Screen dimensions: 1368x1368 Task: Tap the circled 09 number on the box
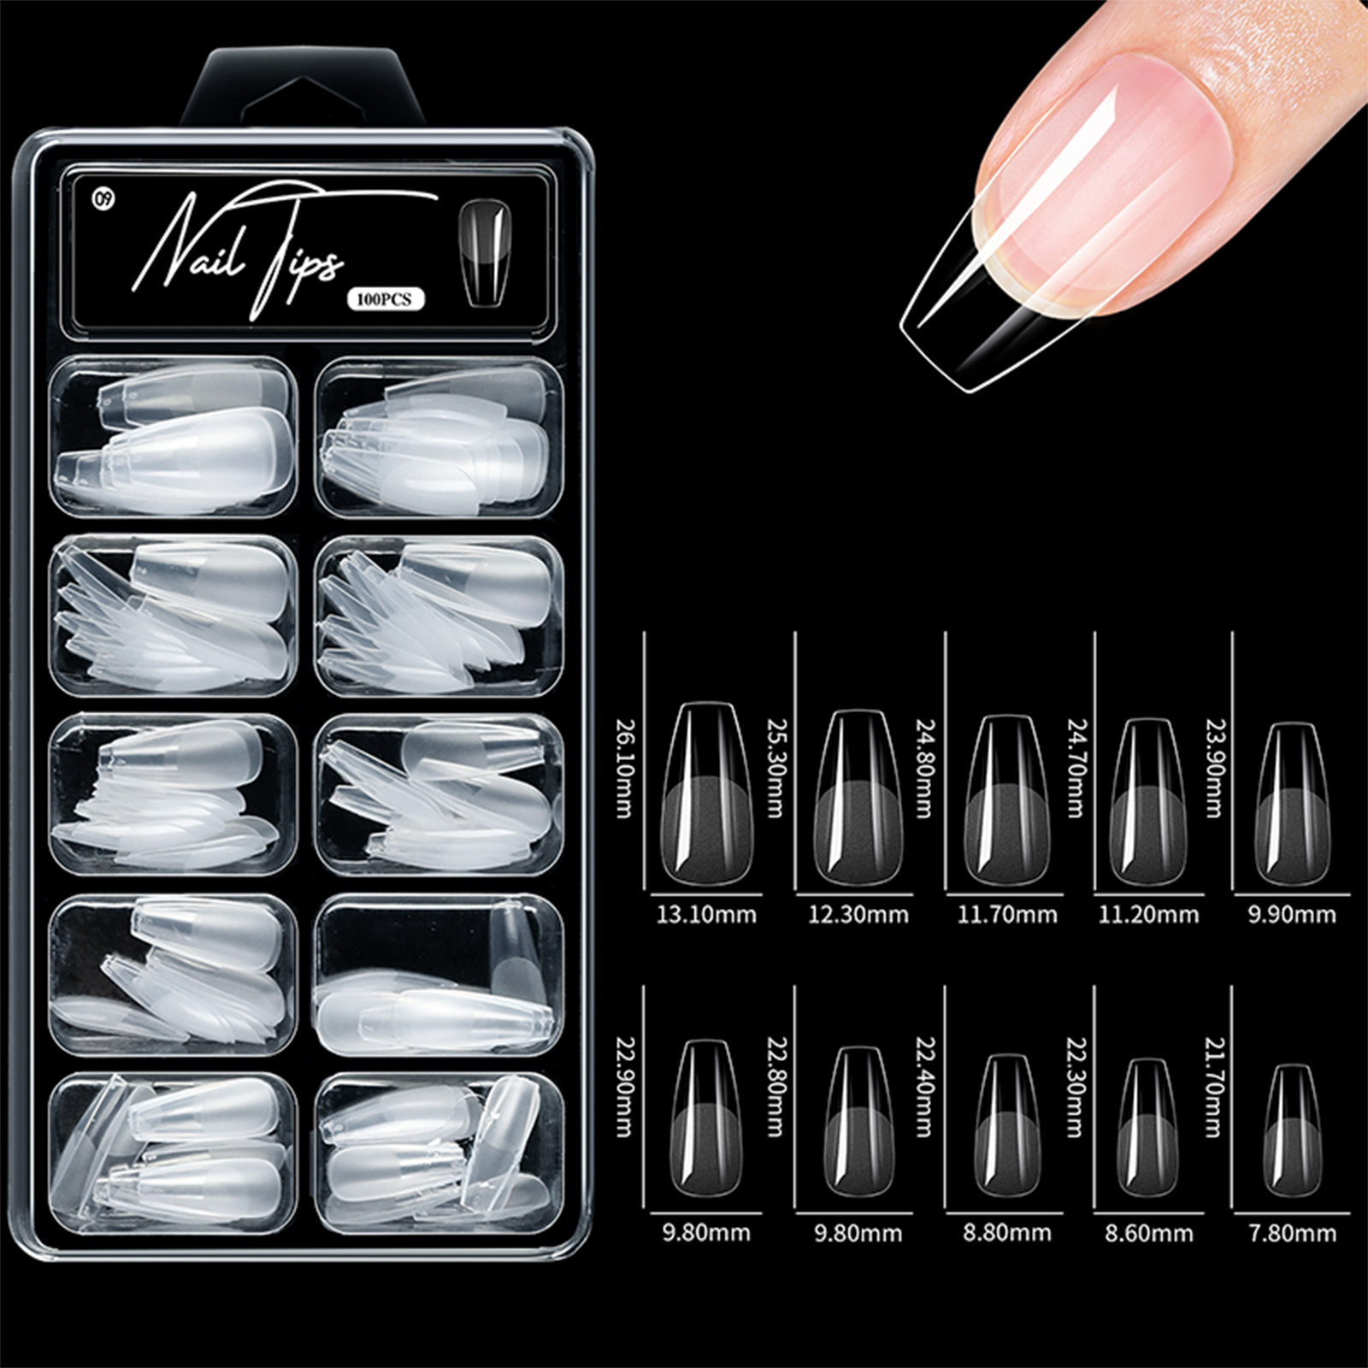(103, 200)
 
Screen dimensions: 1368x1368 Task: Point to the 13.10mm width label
(706, 915)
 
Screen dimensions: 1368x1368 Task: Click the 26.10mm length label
(624, 767)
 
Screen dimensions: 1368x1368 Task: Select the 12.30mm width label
(858, 915)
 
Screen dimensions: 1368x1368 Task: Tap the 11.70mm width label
(1007, 915)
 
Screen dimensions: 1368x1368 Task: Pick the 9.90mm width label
(1292, 915)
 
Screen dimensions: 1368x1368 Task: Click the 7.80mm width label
(1292, 1234)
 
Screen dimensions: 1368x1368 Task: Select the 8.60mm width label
(1148, 1234)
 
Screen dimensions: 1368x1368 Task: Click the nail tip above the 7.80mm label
(1292, 1131)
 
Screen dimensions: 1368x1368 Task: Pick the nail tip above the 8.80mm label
(1007, 1125)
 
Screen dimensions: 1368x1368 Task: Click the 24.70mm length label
(1074, 767)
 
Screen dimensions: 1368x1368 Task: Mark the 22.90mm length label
(624, 1087)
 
